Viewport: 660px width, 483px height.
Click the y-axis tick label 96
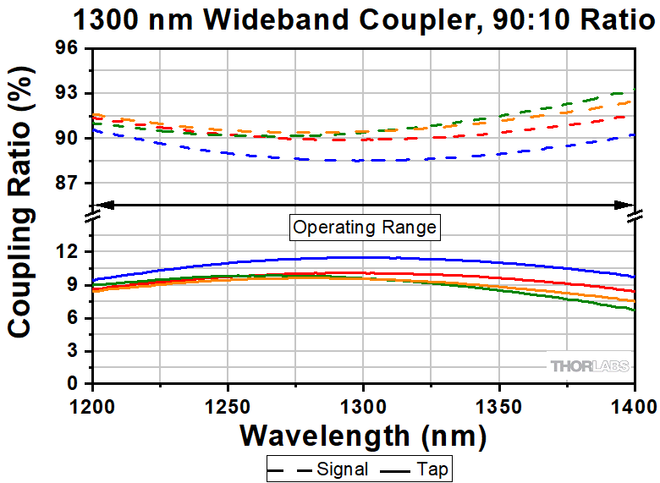pyautogui.click(x=69, y=48)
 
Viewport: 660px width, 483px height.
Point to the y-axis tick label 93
pyautogui.click(x=69, y=92)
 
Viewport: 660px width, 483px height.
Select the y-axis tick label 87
pyautogui.click(x=69, y=184)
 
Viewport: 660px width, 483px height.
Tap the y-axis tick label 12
pyautogui.click(x=69, y=252)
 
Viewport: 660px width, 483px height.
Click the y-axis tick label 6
pyautogui.click(x=74, y=318)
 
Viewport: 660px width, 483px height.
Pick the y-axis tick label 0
pyautogui.click(x=74, y=384)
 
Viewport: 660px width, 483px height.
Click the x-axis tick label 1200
pyautogui.click(x=93, y=403)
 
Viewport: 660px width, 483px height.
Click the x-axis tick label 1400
pyautogui.click(x=633, y=403)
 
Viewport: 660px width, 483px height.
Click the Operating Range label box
pyautogui.click(x=364, y=227)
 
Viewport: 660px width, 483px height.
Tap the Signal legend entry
pyautogui.click(x=317, y=468)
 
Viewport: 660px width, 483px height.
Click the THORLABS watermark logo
pyautogui.click(x=589, y=366)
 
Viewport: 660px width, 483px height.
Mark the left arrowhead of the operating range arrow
pyautogui.click(x=102, y=204)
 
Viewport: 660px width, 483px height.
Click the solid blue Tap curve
pyautogui.click(x=364, y=257)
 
